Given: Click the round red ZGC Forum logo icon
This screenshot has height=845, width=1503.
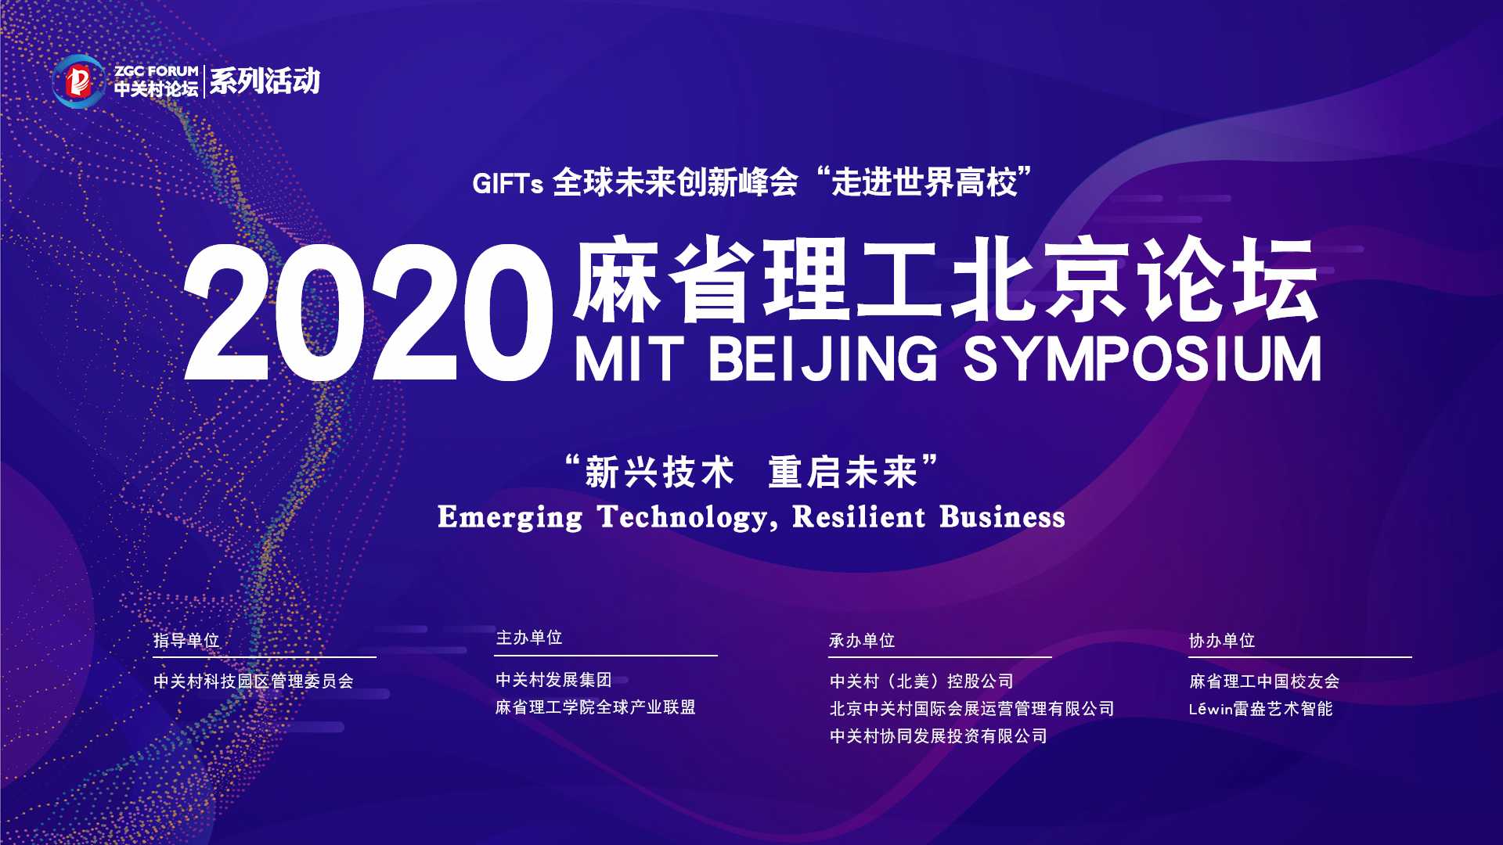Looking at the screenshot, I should click(x=78, y=81).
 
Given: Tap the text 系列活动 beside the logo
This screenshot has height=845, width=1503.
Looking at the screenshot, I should click(x=265, y=81).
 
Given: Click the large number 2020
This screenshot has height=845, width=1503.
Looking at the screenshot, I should click(x=366, y=313).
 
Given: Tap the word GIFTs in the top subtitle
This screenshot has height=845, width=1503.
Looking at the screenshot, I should click(x=507, y=185).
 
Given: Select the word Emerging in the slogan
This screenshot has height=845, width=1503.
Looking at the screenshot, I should click(x=510, y=518).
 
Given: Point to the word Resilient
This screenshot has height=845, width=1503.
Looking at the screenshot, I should click(x=859, y=518).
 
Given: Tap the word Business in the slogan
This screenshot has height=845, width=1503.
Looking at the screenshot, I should click(x=1002, y=518).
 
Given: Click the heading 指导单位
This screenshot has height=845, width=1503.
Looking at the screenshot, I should click(x=186, y=641).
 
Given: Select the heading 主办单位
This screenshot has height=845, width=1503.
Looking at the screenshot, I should click(x=529, y=638).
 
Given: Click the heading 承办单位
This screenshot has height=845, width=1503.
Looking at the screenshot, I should click(x=862, y=641).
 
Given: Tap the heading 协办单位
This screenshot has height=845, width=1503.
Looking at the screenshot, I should click(x=1222, y=641).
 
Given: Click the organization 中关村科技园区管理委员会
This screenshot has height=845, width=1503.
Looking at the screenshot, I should click(x=254, y=681).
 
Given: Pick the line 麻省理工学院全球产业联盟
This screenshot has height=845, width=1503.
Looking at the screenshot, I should click(x=596, y=707).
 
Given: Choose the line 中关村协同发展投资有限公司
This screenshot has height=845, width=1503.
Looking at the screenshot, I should click(x=939, y=736).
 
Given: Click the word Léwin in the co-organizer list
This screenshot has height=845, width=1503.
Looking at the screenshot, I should click(x=1210, y=709).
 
